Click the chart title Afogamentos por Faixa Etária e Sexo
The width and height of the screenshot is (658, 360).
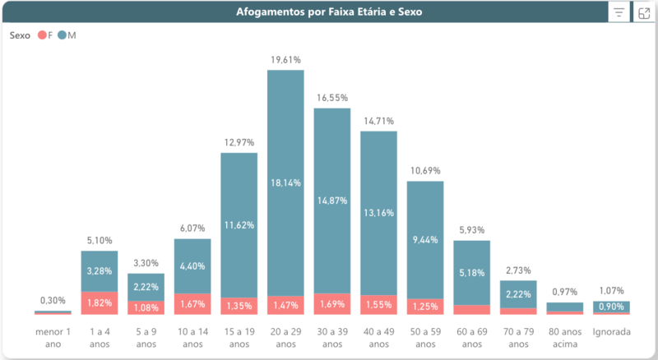click(x=330, y=12)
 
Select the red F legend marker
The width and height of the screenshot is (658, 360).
click(x=42, y=35)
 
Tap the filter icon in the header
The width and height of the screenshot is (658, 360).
click(x=618, y=12)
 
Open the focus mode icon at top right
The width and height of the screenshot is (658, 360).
click(x=645, y=12)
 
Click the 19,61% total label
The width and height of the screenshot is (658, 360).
click(x=285, y=60)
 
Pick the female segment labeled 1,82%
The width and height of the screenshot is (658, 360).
click(x=100, y=302)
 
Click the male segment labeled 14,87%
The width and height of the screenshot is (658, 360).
click(x=331, y=200)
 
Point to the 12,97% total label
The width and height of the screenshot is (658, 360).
click(x=239, y=143)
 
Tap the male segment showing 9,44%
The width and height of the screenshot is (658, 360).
click(x=424, y=240)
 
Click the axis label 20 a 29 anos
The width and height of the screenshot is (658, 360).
click(x=285, y=338)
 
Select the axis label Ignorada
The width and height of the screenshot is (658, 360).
click(x=611, y=333)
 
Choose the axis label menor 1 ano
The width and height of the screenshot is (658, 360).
click(x=53, y=338)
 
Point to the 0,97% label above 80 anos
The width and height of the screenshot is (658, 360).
click(x=564, y=292)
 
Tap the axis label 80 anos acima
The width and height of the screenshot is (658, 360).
click(x=564, y=338)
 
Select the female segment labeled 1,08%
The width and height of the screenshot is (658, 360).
click(x=146, y=307)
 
